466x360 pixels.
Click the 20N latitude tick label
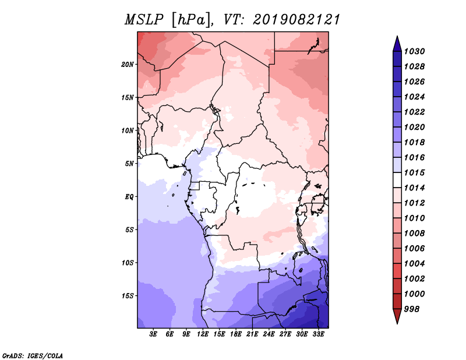click(x=128, y=65)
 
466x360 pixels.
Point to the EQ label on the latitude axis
click(x=129, y=197)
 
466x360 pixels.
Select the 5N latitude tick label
click(x=129, y=164)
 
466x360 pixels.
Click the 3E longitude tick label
click(x=153, y=334)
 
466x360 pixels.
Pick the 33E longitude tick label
click(x=318, y=334)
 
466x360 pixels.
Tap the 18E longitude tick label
click(x=236, y=334)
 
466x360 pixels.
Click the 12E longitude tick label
click(x=203, y=334)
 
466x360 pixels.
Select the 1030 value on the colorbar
click(x=414, y=51)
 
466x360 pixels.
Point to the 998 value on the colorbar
click(x=412, y=309)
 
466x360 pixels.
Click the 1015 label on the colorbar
click(x=414, y=172)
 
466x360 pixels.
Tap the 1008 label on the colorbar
click(x=414, y=234)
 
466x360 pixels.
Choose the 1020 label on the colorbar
click(x=414, y=127)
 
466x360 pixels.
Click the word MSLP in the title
click(x=144, y=20)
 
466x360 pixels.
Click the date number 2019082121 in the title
click(x=296, y=20)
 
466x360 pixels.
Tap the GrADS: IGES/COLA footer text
click(x=33, y=355)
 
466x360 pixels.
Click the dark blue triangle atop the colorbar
click(x=397, y=44)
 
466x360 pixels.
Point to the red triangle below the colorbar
click(x=397, y=316)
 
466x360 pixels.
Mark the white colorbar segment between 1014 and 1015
click(x=397, y=180)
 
